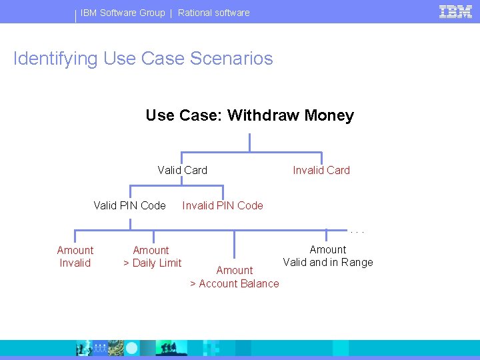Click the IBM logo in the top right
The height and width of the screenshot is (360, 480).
pos(455,11)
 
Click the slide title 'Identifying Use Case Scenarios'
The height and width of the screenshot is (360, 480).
pos(143,59)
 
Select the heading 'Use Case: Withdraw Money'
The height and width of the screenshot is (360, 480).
pos(249,115)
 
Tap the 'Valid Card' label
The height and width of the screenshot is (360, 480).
pos(182,170)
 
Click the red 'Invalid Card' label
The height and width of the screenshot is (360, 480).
pos(321,170)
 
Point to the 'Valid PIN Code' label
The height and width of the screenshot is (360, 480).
pos(129,205)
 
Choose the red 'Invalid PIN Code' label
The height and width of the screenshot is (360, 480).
pos(223,205)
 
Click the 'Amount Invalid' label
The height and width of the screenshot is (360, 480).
pos(75,257)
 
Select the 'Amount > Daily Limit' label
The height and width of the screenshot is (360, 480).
pos(152,257)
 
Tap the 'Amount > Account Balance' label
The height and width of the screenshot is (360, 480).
pos(235,277)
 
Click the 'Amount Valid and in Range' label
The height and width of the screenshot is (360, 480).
pos(327,256)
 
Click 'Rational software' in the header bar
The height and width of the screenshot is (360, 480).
pos(213,13)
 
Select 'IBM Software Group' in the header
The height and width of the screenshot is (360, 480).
pos(123,13)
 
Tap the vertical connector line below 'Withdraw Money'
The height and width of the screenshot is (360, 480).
pos(249,141)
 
